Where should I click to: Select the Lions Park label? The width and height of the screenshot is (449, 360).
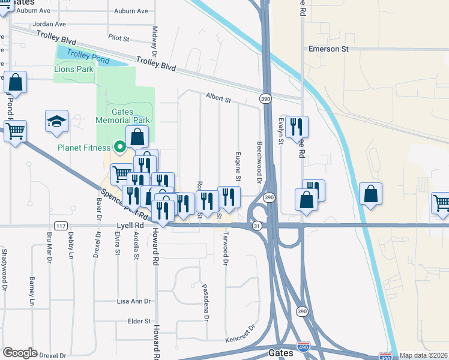pos(74,70)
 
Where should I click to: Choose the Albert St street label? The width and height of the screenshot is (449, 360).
pos(218,97)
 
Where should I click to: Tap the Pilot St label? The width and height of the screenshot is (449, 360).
pos(119,38)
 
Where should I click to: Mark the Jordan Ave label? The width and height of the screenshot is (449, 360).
pos(50,25)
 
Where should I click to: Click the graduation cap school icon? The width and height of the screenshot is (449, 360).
pos(56,121)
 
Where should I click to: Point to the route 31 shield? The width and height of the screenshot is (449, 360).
pos(257,226)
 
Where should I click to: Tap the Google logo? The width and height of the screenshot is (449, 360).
pos(20,353)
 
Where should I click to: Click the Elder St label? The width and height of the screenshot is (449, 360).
pos(139,321)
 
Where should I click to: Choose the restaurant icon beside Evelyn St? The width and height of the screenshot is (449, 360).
pos(297,127)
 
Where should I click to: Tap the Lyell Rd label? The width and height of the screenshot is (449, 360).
pos(130,226)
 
